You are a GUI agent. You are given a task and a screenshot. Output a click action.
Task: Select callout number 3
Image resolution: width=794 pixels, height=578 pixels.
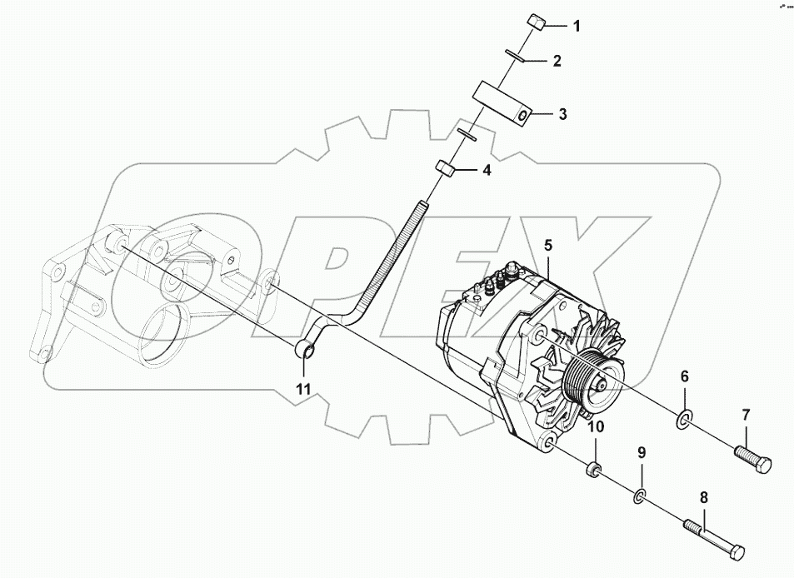[x=562, y=114]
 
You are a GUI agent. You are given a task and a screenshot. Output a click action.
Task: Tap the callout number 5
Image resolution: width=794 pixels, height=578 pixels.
[x=548, y=245]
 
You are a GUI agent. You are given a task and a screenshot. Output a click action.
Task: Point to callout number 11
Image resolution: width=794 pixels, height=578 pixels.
[x=305, y=387]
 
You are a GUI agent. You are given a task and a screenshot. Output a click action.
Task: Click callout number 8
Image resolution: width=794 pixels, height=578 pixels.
[x=703, y=497]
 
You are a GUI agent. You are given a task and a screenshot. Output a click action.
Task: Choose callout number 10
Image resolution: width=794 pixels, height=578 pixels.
[x=596, y=427]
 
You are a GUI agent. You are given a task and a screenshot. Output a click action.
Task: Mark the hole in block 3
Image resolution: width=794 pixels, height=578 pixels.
[x=522, y=117]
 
